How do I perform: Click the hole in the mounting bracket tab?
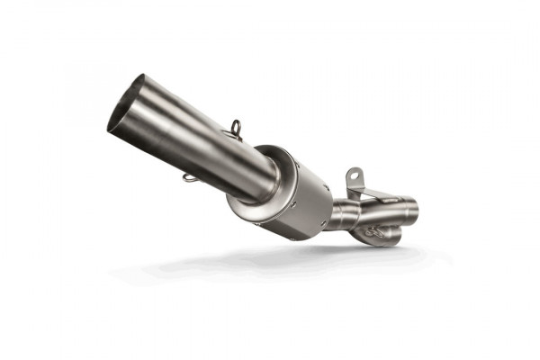click(354, 173)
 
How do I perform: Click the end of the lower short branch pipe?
click(394, 237)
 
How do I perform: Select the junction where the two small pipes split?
click(360, 218)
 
